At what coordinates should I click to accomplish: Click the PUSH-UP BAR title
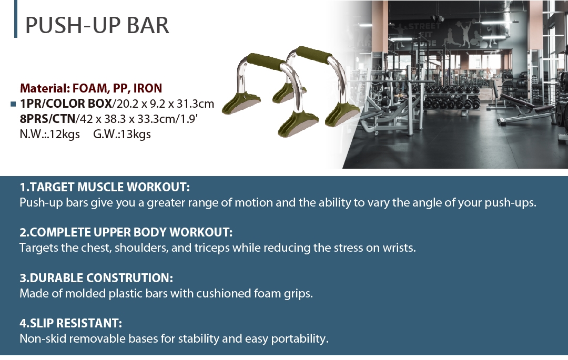click(x=97, y=25)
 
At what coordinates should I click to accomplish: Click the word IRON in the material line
click(x=147, y=88)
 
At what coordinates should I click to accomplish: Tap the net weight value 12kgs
click(x=65, y=134)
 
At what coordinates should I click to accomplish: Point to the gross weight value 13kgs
click(x=136, y=134)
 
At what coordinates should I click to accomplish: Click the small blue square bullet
click(x=13, y=104)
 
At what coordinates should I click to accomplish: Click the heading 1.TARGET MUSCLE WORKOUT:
click(x=105, y=187)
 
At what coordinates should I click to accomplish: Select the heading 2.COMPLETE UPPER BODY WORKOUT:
click(x=126, y=232)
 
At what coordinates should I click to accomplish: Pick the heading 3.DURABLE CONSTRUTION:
click(x=96, y=278)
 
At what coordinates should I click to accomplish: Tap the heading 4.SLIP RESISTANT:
click(x=70, y=323)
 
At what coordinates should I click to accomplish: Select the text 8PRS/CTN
click(x=47, y=119)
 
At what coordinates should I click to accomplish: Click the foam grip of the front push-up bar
click(x=266, y=61)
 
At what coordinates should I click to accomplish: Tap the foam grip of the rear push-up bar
click(x=313, y=54)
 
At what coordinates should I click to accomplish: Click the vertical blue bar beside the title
click(x=16, y=19)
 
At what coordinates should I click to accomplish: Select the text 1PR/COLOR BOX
click(x=66, y=104)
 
